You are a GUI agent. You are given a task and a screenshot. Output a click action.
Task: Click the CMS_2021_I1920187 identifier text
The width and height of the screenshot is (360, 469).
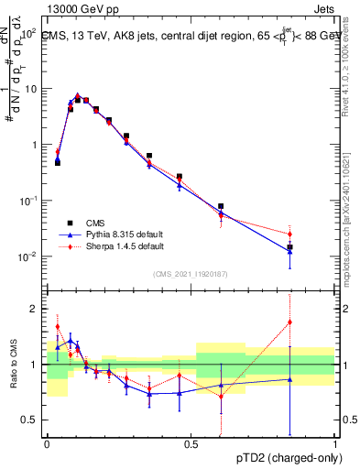[191, 273]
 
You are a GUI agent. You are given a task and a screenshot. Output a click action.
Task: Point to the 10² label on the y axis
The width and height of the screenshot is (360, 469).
[30, 33]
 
